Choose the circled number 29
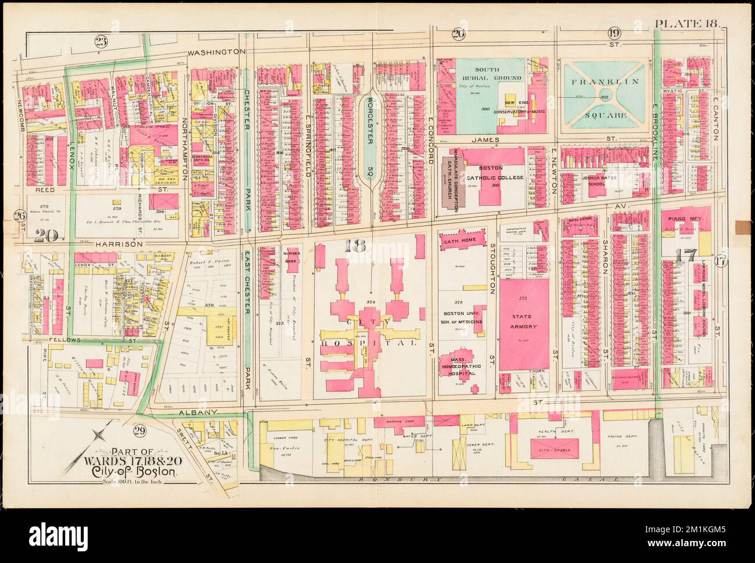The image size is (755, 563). coord(139,431)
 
